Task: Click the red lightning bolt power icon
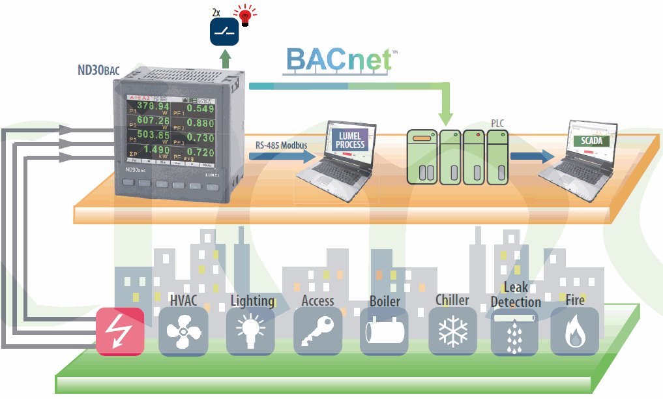[x=120, y=331]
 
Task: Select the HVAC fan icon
[x=183, y=331]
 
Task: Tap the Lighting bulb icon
[x=250, y=331]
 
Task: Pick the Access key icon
[x=317, y=331]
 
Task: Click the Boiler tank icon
[x=384, y=331]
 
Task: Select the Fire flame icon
[x=574, y=331]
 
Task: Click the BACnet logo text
[x=340, y=59]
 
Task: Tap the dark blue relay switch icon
[x=224, y=31]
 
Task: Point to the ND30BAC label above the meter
[x=98, y=70]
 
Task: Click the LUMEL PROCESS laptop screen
[x=351, y=140]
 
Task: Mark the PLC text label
[x=497, y=122]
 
